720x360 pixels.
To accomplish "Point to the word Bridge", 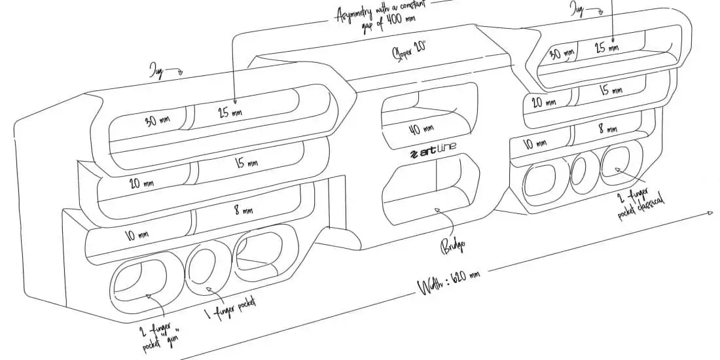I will [x=457, y=246].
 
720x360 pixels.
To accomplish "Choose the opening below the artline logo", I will [x=432, y=187].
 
